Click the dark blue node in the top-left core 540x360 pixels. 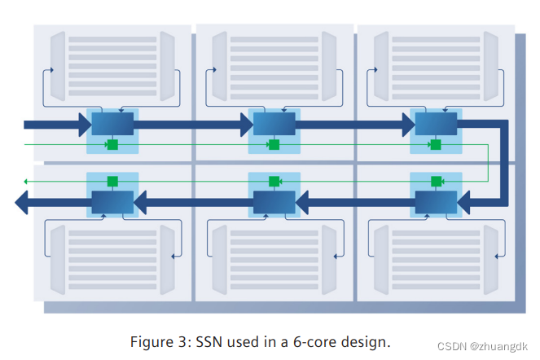point(112,124)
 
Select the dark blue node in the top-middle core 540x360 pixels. point(274,124)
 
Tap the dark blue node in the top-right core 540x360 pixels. point(436,124)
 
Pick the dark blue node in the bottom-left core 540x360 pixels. point(112,201)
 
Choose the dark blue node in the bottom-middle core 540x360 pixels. point(274,201)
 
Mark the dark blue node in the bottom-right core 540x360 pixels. point(436,201)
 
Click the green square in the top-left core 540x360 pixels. point(112,145)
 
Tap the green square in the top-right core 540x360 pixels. point(436,145)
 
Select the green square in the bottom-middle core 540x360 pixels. point(274,181)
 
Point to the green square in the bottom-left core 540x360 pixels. point(112,181)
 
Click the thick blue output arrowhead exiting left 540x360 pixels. point(23,202)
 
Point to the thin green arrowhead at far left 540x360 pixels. point(26,181)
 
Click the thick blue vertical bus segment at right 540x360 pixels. point(503,163)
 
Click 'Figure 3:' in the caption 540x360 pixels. point(159,341)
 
